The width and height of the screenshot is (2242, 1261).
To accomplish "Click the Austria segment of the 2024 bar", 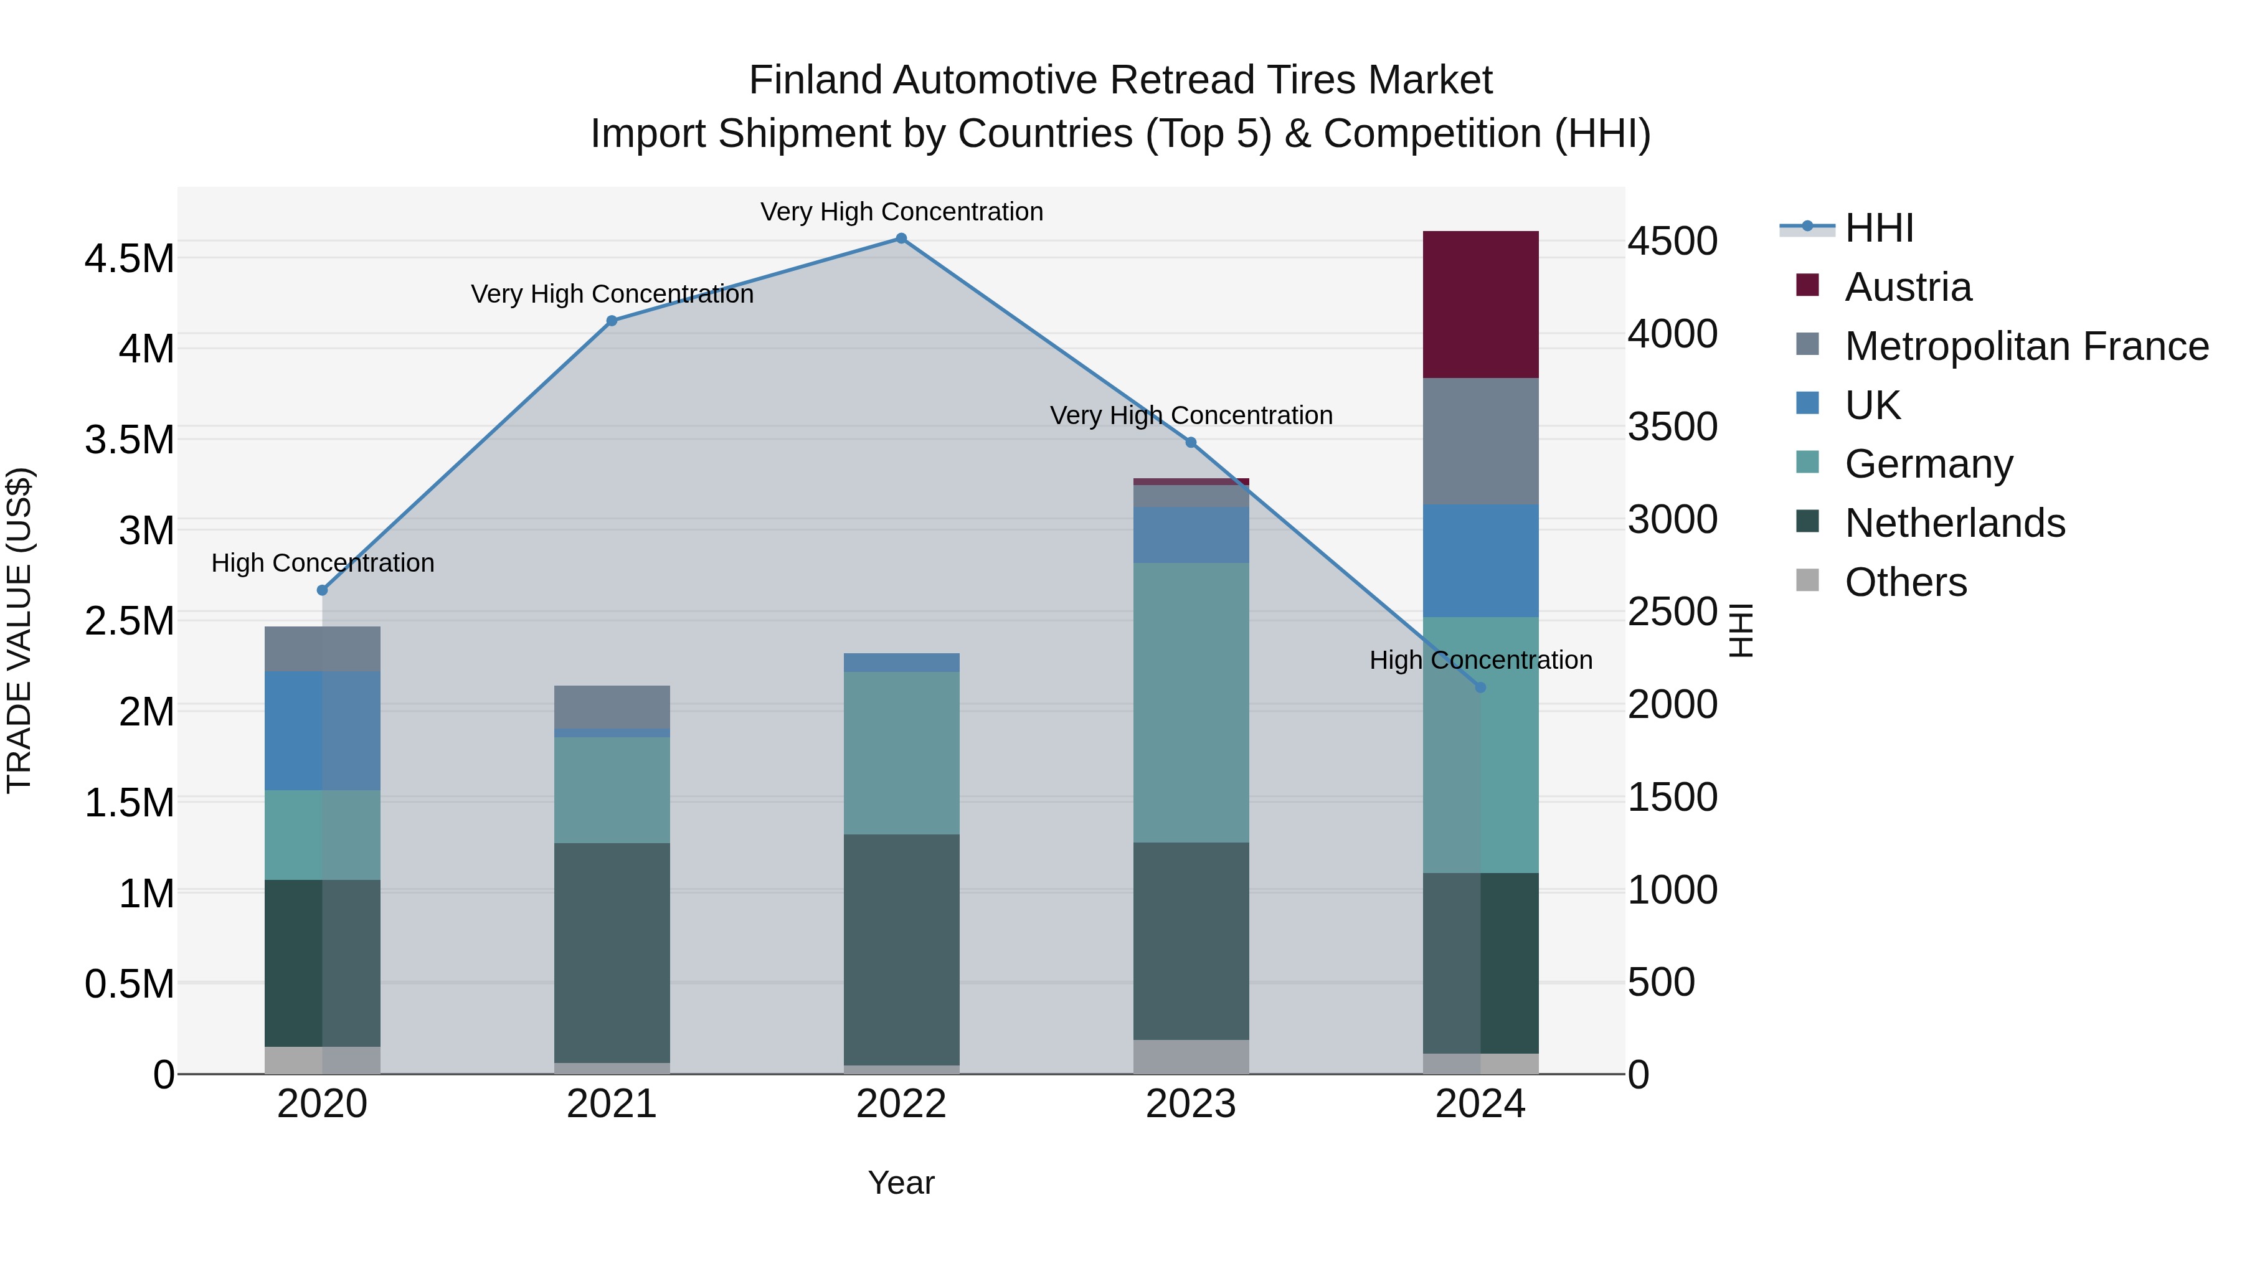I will (x=1480, y=304).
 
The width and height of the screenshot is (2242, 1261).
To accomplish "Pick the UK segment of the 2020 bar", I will (x=322, y=730).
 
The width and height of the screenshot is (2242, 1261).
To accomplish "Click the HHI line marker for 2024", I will (x=1480, y=687).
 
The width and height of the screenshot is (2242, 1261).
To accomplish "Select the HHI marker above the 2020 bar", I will (x=322, y=590).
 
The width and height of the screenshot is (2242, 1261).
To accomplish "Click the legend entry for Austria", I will (x=1906, y=287).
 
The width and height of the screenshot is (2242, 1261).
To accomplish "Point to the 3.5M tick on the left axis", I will (x=129, y=440).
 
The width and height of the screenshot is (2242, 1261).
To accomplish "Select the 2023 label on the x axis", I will (x=1191, y=1104).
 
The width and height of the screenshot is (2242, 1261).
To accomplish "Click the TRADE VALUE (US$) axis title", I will (x=19, y=630).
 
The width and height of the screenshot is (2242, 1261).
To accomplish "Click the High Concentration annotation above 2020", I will (x=322, y=563).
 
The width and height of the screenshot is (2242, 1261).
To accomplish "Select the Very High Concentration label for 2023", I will (x=1191, y=415).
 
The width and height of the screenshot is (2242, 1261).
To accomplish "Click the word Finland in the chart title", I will (x=815, y=80).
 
